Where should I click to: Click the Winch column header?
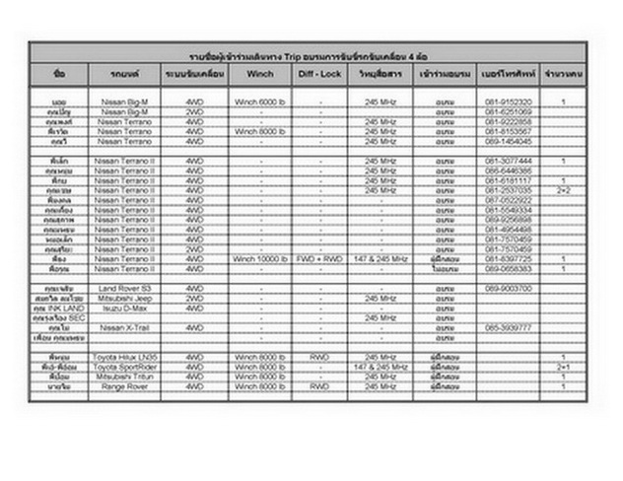click(260, 74)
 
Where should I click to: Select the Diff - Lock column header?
click(320, 74)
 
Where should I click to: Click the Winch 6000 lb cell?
click(260, 103)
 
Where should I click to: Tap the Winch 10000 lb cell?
click(260, 259)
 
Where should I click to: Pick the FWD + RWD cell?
click(320, 259)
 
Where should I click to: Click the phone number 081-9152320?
click(509, 103)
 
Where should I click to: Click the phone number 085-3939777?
click(509, 326)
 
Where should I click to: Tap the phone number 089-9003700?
click(509, 288)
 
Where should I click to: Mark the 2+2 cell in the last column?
click(563, 190)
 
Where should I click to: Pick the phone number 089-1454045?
click(509, 140)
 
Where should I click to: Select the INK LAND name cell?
click(58, 307)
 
